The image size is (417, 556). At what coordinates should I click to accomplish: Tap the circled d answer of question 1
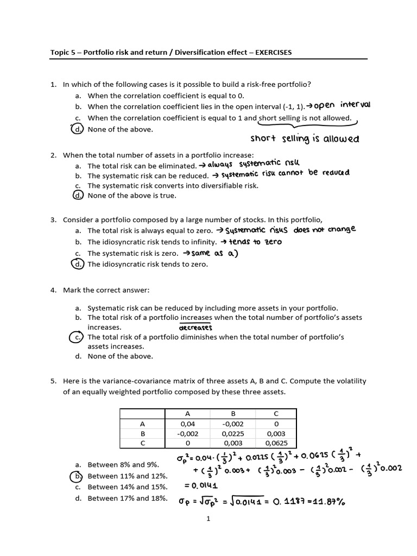(78, 129)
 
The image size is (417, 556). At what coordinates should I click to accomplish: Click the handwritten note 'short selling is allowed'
(305, 139)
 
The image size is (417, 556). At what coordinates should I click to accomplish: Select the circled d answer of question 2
(78, 195)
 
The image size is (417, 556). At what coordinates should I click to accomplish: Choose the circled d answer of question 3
(78, 264)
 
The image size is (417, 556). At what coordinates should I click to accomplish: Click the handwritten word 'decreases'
(195, 327)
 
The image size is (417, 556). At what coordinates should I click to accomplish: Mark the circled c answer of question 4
(78, 337)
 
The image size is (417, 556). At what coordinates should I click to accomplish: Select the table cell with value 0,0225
(233, 433)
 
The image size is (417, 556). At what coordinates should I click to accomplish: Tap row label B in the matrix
(143, 433)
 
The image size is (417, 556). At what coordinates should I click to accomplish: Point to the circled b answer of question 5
(78, 476)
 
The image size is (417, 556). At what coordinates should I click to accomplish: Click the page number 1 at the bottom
(208, 519)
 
